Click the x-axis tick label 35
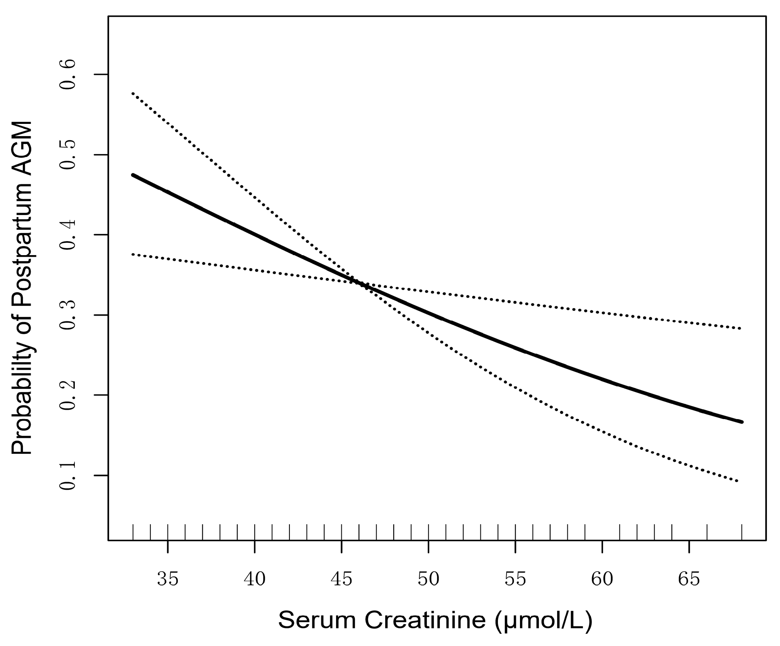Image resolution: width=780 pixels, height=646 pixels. click(168, 579)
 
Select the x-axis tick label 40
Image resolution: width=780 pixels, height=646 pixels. click(255, 579)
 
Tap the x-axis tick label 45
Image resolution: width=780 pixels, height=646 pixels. click(341, 579)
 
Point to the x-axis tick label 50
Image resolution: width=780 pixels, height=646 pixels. click(428, 579)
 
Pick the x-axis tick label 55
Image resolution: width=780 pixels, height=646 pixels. click(515, 579)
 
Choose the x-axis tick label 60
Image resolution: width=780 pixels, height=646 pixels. click(602, 579)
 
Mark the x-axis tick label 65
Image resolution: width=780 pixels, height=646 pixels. click(689, 579)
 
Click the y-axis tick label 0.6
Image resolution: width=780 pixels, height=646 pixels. click(67, 74)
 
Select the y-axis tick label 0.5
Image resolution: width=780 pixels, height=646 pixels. click(67, 155)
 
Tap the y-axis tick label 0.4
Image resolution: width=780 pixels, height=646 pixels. click(67, 235)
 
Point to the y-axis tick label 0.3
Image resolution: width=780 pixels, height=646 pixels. click(67, 315)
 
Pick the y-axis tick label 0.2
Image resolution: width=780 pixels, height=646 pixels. click(67, 395)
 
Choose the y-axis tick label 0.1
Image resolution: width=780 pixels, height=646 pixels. click(67, 475)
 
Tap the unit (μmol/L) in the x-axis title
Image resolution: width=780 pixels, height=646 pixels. click(543, 621)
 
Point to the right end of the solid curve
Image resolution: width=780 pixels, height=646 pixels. click(742, 422)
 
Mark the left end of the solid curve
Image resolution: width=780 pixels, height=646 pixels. click(133, 175)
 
